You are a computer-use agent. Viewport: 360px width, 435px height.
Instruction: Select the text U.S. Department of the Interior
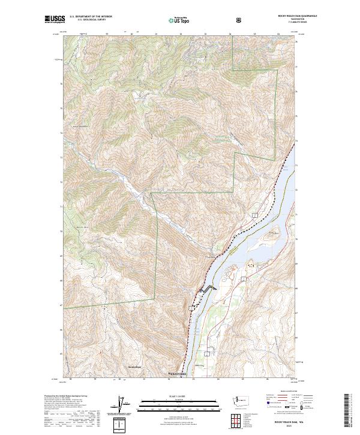(x=91, y=16)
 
